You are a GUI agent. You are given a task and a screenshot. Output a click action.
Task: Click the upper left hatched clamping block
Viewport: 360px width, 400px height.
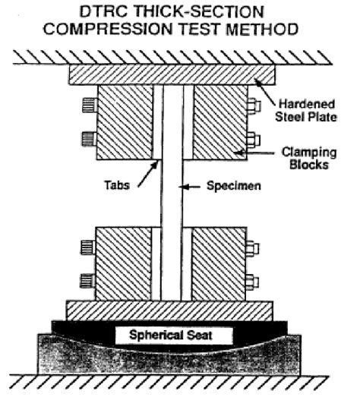point(125,121)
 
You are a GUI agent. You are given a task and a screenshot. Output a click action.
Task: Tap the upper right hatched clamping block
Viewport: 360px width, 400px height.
point(219,121)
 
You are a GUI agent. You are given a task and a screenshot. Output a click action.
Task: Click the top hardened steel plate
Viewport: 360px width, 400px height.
point(171,74)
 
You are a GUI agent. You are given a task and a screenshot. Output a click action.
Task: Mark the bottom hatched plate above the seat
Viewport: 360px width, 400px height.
point(169,310)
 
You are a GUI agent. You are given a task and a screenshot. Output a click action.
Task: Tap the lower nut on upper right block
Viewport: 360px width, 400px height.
point(254,140)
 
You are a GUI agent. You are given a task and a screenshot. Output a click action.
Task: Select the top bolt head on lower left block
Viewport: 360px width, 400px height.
point(87,246)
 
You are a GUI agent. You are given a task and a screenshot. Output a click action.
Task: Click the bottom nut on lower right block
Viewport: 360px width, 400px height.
point(254,284)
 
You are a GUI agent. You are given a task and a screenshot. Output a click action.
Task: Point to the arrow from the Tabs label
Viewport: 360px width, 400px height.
point(146,172)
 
